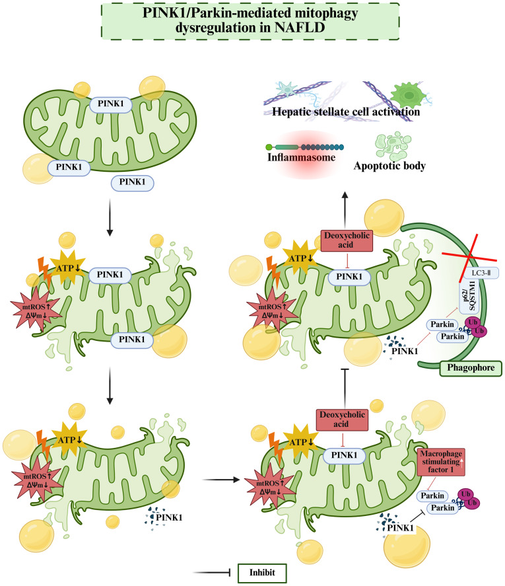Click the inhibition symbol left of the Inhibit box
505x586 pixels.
pos(218,571)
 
